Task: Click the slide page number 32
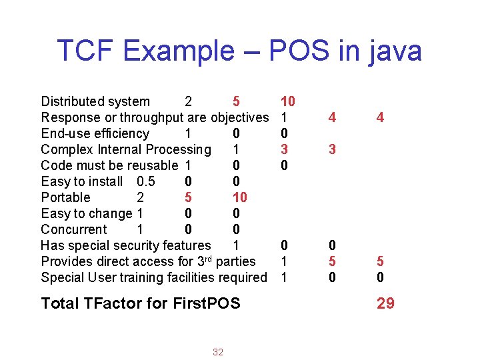[x=218, y=352]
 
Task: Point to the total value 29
[x=385, y=303]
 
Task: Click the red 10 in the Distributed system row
[x=288, y=101]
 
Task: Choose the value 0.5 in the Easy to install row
[x=147, y=181]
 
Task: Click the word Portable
[x=65, y=197]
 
